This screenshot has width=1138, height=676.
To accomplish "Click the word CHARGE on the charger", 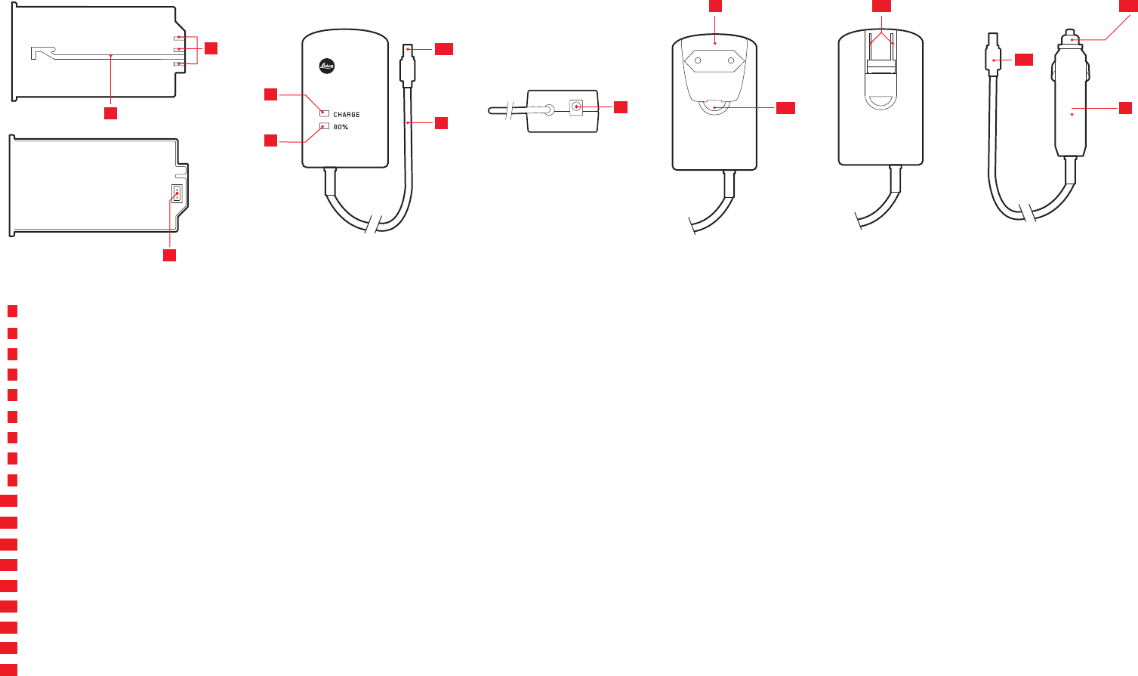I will pyautogui.click(x=347, y=115).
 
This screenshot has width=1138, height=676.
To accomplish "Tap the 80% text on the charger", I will pyautogui.click(x=341, y=127).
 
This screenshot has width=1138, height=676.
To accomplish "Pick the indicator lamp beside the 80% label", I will pyautogui.click(x=324, y=127).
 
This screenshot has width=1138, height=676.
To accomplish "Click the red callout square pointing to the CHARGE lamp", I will pyautogui.click(x=270, y=94).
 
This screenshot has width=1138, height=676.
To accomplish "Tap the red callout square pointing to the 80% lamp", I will pyautogui.click(x=270, y=140).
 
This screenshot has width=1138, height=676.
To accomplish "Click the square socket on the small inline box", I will pyautogui.click(x=577, y=107).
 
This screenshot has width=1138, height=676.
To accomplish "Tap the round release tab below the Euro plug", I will pyautogui.click(x=714, y=108).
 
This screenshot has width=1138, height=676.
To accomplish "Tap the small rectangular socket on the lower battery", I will pyautogui.click(x=177, y=194).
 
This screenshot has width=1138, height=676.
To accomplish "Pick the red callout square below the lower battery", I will pyautogui.click(x=170, y=255).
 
